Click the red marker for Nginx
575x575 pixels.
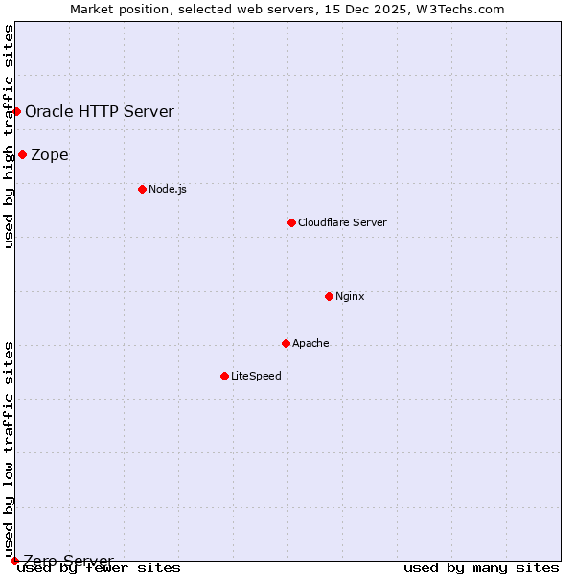pos(329,296)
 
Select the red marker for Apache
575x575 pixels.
pos(286,343)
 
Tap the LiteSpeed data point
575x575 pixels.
pos(224,376)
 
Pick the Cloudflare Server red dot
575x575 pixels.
pos(291,222)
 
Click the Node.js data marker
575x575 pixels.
pos(142,189)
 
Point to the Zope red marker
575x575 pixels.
pos(22,154)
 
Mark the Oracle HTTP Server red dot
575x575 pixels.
pos(16,111)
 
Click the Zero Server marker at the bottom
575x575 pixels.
pos(14,561)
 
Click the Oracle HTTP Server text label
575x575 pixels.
pos(100,111)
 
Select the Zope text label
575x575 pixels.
pos(50,154)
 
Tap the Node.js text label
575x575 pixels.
pos(168,189)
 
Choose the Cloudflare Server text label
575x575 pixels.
pos(342,222)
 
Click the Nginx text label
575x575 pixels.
pos(350,296)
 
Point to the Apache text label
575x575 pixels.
pos(310,343)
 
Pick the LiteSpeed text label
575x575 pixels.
pos(256,376)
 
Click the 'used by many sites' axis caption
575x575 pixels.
pos(481,567)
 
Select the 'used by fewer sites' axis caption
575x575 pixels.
pos(100,567)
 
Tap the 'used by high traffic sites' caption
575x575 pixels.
pos(10,136)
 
